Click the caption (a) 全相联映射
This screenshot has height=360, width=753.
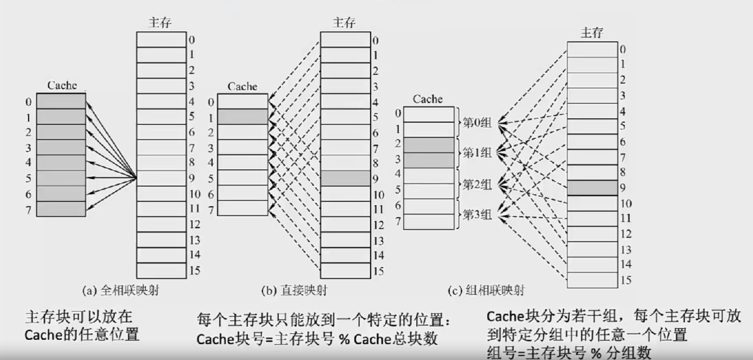point(120,290)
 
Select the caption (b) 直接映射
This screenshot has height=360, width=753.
point(294,290)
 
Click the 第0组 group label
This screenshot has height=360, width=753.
point(477,122)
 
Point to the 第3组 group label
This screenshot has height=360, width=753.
point(477,215)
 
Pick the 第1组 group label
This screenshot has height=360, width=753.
point(477,153)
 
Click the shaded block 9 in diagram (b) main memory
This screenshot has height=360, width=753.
point(345,178)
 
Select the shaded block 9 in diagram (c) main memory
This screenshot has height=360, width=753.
point(592,188)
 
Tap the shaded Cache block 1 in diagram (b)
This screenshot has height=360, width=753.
point(242,117)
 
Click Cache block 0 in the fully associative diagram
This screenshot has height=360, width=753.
point(61,101)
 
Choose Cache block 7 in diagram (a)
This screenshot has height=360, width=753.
point(61,209)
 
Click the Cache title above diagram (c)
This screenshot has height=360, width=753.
point(428,99)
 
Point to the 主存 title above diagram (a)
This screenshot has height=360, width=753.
point(160,22)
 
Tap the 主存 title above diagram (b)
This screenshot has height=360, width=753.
point(344,22)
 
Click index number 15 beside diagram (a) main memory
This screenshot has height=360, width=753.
point(195,271)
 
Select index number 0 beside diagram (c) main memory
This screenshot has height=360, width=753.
point(623,50)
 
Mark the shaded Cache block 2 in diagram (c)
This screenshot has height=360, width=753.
point(428,145)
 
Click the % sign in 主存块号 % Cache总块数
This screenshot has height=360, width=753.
point(344,339)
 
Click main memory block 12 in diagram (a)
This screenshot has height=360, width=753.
point(161,225)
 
